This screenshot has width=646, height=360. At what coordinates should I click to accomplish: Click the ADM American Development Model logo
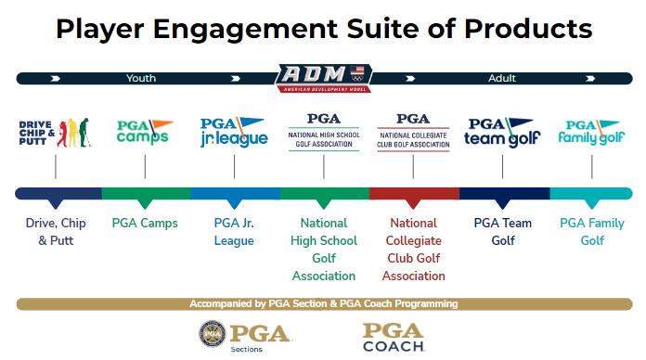(323, 78)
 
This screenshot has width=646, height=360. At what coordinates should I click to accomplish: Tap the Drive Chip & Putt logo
(55, 133)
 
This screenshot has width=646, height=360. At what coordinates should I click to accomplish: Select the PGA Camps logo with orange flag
(145, 132)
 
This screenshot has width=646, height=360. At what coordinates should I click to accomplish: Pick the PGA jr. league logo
(234, 133)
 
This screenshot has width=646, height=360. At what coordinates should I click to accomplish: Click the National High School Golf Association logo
(324, 132)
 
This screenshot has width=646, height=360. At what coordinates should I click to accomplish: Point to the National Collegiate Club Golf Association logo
(413, 133)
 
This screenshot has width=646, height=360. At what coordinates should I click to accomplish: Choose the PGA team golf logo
(502, 133)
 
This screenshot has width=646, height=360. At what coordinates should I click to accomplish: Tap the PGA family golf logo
(591, 133)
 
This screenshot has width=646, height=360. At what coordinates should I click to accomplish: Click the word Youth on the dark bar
(141, 78)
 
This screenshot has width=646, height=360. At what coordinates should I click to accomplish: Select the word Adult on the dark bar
(502, 78)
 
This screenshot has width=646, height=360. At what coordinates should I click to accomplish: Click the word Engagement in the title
(246, 30)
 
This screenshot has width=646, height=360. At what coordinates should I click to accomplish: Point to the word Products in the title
(528, 29)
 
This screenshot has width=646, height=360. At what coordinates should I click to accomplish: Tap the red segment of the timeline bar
(415, 194)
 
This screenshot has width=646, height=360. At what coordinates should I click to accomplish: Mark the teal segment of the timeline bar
(591, 194)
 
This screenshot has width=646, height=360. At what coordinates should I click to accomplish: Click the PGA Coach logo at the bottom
(394, 338)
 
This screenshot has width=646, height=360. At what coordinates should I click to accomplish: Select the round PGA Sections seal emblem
(213, 333)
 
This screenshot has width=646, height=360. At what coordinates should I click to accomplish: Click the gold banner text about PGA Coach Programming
(323, 304)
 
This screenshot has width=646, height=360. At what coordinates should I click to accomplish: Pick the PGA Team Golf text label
(503, 231)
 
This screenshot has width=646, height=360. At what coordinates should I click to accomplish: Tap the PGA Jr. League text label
(234, 231)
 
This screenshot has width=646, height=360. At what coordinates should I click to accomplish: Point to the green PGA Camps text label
(145, 224)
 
